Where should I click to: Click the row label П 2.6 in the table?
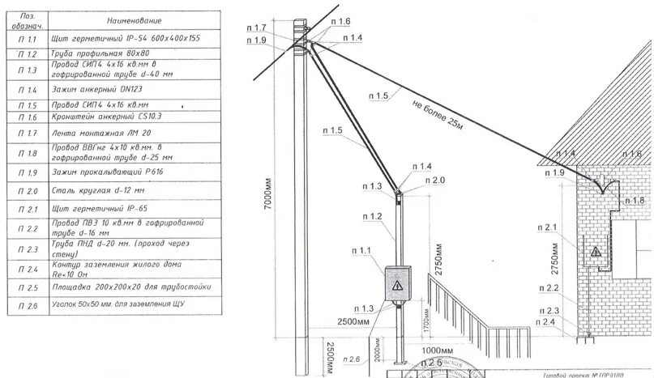(x=27, y=306)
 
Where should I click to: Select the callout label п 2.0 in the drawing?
(x=434, y=180)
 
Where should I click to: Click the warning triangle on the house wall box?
(x=596, y=252)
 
